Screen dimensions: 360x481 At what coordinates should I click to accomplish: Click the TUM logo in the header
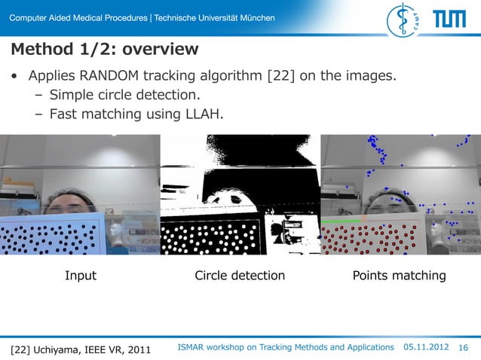tap(449, 19)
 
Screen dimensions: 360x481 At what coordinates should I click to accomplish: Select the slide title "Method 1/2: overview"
tap(104, 50)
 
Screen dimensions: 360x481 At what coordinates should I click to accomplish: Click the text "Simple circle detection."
tap(124, 96)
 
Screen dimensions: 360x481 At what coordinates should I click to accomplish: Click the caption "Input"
tap(80, 276)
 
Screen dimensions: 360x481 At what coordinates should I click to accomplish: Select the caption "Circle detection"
tap(240, 276)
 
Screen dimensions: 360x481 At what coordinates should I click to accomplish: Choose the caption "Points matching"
tap(399, 276)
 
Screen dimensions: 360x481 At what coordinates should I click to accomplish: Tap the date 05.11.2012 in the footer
tap(427, 347)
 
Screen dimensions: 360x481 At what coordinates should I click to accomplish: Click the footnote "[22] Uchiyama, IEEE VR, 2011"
tap(80, 349)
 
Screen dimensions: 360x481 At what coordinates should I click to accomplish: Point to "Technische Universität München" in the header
tap(214, 18)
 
